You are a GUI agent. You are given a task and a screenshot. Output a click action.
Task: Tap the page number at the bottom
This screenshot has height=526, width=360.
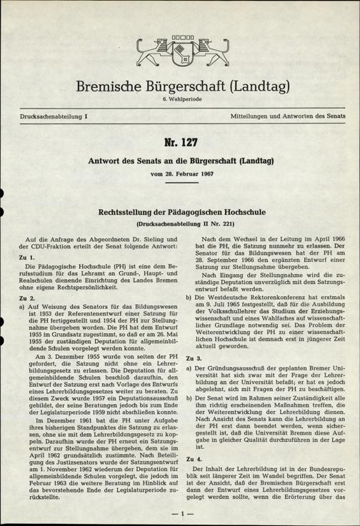coord(179,512)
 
